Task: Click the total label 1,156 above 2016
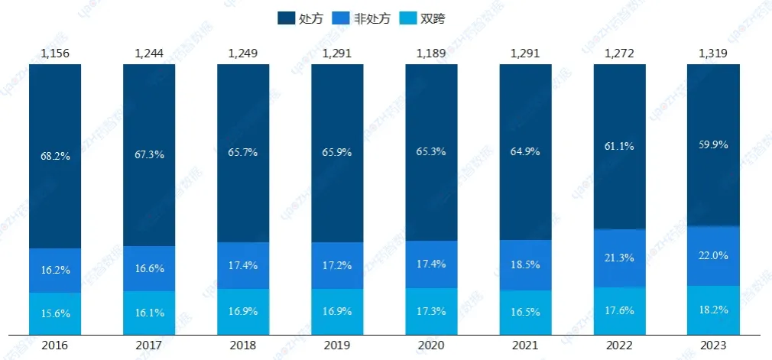55,54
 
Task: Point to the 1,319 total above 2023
714,54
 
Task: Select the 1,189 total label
432,54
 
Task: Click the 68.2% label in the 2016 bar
55,156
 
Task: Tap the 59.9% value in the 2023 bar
714,144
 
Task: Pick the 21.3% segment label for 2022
620,258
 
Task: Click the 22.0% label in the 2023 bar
714,256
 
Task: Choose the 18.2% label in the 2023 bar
714,310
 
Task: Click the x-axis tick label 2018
243,345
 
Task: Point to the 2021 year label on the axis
526,345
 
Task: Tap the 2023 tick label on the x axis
714,345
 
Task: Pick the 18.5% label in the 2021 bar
526,264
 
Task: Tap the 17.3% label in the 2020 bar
432,312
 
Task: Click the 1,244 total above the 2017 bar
149,54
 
